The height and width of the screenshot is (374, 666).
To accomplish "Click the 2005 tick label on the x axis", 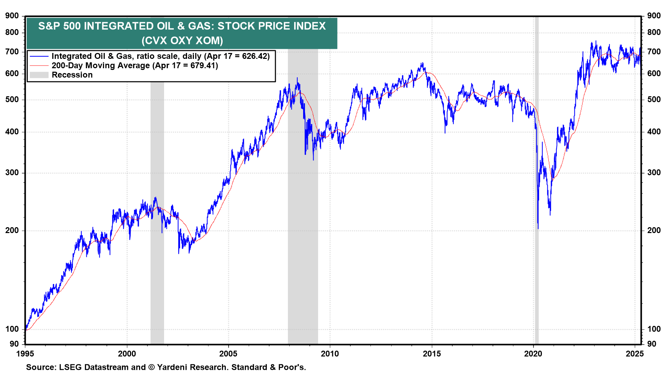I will [228, 354].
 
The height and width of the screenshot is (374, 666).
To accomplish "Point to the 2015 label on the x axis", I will [432, 354].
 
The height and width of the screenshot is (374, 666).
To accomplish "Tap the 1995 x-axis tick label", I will [25, 354].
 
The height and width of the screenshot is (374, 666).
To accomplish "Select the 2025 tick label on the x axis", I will [635, 354].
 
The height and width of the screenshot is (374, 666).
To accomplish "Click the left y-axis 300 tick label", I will [12, 172].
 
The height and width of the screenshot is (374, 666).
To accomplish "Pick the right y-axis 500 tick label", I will [654, 99].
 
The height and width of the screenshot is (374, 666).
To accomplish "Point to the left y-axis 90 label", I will [14, 344].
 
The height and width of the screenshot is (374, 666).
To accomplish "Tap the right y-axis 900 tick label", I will [654, 16].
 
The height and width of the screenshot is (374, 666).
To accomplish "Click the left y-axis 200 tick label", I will [12, 230].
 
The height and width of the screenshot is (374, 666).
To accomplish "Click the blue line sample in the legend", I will [39, 56].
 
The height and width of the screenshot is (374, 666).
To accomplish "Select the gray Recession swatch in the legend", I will [39, 75].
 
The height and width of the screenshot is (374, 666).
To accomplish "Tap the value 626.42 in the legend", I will [254, 56].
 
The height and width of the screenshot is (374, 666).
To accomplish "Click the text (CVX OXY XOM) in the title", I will [182, 41].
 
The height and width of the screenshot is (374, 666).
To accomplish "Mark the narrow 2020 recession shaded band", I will [537, 180].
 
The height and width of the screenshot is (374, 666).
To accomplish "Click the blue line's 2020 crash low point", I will [538, 228].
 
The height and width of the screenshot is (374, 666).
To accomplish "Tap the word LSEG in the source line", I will [71, 367].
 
